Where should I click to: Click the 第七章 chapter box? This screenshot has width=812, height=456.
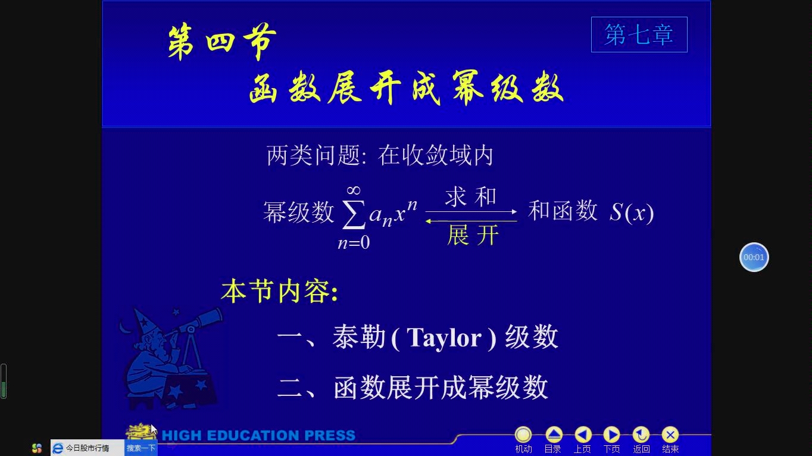[639, 35]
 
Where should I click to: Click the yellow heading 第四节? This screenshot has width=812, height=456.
[221, 42]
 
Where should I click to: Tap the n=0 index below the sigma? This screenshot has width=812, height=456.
[354, 243]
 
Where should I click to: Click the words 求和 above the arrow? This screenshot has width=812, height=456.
[470, 197]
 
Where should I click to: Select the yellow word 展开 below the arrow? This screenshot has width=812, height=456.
[472, 236]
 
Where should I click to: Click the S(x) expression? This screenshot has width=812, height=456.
[632, 213]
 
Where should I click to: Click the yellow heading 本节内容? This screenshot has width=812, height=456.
[279, 292]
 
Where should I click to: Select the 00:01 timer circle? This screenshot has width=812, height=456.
[754, 257]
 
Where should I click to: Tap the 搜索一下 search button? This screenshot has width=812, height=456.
[141, 448]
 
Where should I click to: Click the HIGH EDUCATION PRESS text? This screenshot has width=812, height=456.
[258, 436]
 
